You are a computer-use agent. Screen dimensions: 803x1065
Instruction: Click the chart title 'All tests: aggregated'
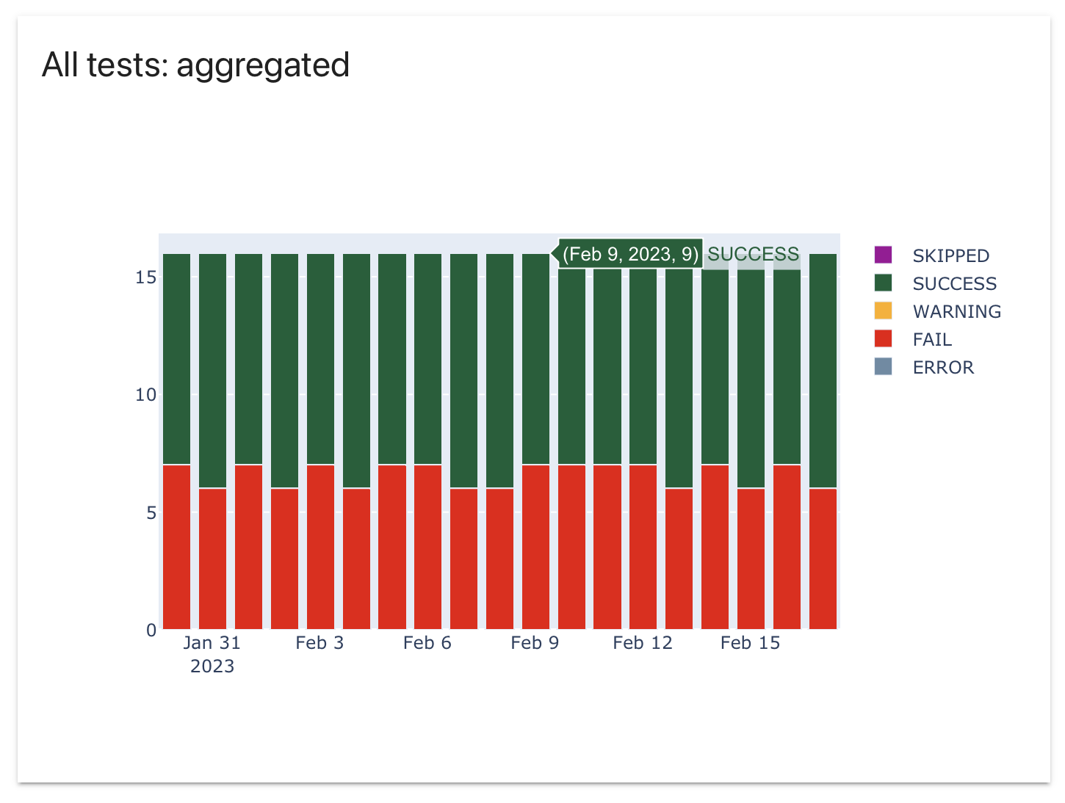click(195, 65)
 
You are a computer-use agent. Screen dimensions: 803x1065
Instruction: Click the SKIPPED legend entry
click(950, 255)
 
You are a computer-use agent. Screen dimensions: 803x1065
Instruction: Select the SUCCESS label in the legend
click(954, 283)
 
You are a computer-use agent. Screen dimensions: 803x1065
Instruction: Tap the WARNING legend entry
click(956, 311)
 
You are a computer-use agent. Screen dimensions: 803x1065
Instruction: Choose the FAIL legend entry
click(932, 339)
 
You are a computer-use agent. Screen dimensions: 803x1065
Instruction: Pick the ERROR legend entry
click(943, 367)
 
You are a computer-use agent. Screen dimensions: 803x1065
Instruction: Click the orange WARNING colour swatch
click(883, 311)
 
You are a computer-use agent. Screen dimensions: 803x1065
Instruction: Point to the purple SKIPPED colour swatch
click(883, 255)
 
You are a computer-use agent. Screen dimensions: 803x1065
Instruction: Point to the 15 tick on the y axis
click(145, 277)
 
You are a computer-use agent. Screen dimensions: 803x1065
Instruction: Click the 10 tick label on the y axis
click(145, 395)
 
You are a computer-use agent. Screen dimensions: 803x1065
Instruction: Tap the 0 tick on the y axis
click(151, 630)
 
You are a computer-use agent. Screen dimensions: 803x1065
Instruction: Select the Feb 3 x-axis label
click(319, 643)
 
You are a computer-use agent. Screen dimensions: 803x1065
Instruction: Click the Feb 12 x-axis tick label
click(643, 643)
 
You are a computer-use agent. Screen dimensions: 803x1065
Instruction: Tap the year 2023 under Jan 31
click(212, 666)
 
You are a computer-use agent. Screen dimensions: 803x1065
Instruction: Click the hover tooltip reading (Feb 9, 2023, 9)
click(630, 254)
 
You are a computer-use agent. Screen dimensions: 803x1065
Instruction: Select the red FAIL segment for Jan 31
click(212, 558)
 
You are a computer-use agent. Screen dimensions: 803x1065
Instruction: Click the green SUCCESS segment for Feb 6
click(428, 360)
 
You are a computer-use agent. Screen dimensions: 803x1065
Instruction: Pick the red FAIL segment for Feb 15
click(751, 558)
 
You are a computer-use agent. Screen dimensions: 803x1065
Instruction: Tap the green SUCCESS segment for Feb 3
click(320, 360)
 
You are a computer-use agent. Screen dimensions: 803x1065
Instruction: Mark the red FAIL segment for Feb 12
click(643, 547)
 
